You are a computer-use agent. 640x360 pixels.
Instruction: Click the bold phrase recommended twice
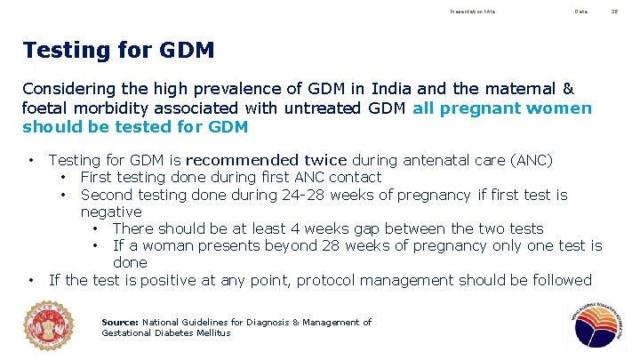point(267,160)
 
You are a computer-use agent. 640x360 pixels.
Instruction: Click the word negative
point(111,212)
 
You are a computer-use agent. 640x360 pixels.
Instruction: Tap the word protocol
point(330,281)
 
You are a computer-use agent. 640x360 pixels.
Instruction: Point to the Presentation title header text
point(474,12)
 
